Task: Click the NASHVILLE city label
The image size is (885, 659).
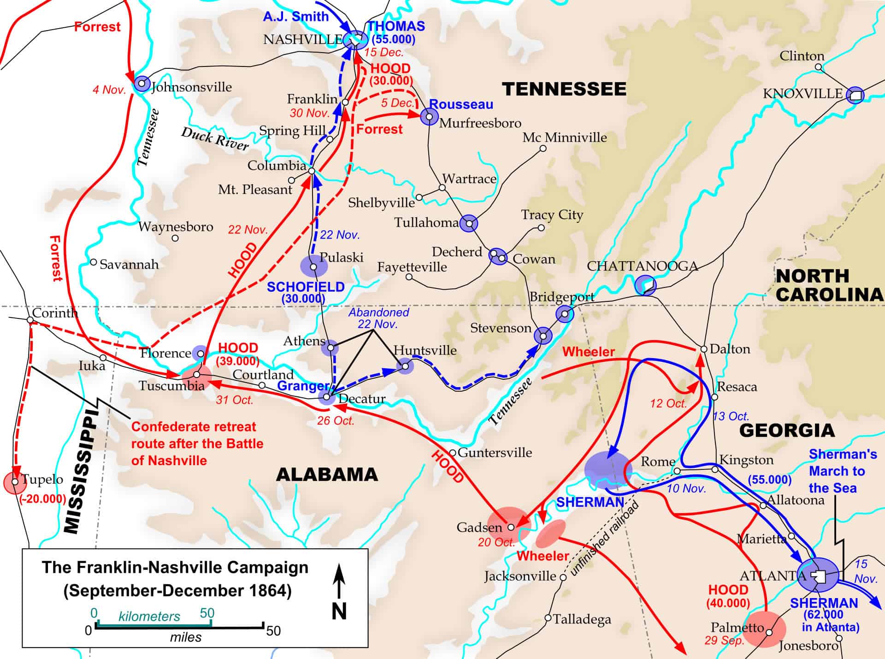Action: click(302, 40)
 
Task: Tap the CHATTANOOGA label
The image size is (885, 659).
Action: click(642, 266)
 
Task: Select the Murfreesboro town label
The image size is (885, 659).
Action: click(480, 123)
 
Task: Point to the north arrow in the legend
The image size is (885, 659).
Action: click(339, 593)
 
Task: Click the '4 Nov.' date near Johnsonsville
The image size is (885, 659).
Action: click(109, 90)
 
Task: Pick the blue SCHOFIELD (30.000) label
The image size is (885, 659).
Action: click(306, 293)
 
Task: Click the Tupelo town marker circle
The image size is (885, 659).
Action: click(15, 482)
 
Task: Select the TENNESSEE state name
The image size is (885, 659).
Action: click(564, 89)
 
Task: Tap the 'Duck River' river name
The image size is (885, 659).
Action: click(215, 138)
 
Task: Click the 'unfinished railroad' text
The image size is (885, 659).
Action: click(605, 538)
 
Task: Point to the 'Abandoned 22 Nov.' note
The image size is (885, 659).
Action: click(379, 318)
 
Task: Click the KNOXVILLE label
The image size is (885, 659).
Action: click(802, 94)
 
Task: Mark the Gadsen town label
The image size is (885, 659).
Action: click(479, 527)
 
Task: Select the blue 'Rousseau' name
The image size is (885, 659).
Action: click(461, 104)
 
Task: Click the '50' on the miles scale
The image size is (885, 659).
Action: click(273, 631)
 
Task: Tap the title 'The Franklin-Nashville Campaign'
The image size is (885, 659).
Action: click(175, 567)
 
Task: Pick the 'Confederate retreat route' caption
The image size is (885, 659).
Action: click(197, 443)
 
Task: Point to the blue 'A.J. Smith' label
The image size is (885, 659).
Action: click(295, 17)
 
